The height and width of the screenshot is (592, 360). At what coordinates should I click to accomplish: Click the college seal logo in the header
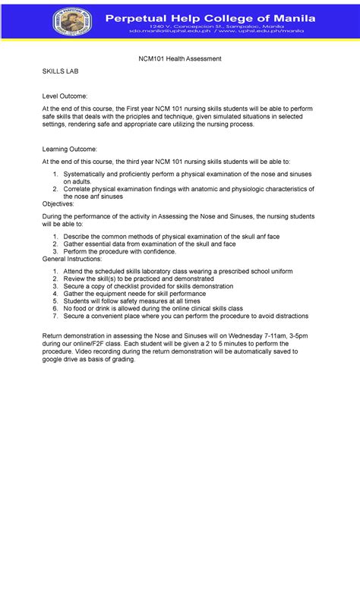(x=72, y=21)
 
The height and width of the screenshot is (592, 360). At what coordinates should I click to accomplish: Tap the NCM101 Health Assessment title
(x=179, y=58)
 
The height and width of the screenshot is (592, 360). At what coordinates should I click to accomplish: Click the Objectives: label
(x=58, y=204)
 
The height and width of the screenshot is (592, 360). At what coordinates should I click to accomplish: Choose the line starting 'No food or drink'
(x=153, y=310)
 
